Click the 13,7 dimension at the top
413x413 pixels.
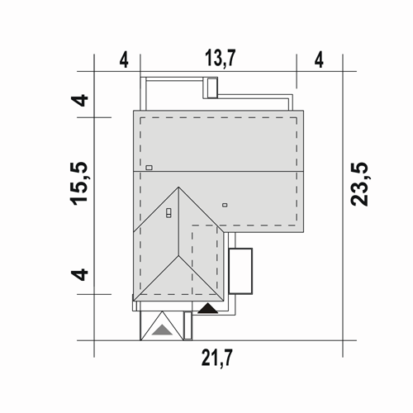click(221, 58)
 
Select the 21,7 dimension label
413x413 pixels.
click(217, 358)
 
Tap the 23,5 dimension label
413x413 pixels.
click(359, 184)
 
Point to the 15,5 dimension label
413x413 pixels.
click(79, 183)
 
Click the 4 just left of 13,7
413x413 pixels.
click(124, 59)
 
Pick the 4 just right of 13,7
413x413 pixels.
click(319, 59)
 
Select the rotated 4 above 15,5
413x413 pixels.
click(79, 100)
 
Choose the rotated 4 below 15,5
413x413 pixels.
click(79, 274)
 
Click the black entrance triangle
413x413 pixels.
click(208, 309)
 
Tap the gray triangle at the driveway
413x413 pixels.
click(163, 330)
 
